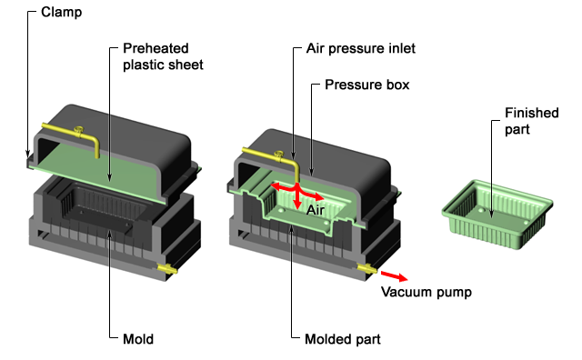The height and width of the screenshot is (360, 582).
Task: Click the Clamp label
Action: (61, 12)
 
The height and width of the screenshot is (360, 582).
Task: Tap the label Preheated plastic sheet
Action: (163, 56)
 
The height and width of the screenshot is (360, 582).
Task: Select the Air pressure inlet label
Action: (361, 48)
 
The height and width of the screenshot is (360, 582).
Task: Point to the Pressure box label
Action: (367, 85)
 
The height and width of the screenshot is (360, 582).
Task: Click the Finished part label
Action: (531, 121)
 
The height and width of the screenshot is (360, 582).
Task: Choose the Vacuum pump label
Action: (426, 292)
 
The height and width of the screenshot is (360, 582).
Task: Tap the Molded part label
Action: (343, 339)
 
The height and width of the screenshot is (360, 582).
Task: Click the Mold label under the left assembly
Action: (138, 339)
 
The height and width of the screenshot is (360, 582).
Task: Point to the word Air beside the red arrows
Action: (316, 210)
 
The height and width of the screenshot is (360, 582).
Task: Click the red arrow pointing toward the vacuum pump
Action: (394, 275)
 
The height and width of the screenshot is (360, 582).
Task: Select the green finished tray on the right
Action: (497, 215)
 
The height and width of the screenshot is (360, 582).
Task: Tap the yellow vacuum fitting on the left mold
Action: (167, 268)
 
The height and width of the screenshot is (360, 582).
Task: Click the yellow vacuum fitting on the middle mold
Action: (366, 268)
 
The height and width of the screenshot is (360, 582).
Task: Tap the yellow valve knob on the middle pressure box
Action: (278, 153)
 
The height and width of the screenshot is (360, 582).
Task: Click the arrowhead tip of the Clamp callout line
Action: (27, 157)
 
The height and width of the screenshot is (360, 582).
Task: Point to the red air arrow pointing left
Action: (283, 186)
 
